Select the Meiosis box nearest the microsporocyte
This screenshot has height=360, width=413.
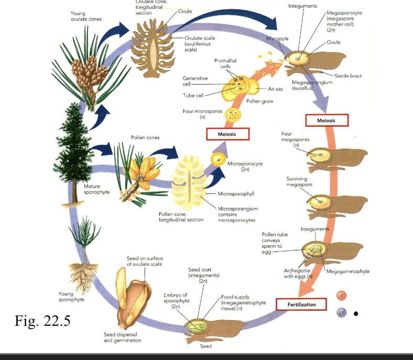coord(227,134)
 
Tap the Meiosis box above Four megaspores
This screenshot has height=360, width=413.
coord(327,121)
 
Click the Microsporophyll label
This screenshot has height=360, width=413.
coord(235,193)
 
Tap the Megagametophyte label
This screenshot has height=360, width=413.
coord(347,271)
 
